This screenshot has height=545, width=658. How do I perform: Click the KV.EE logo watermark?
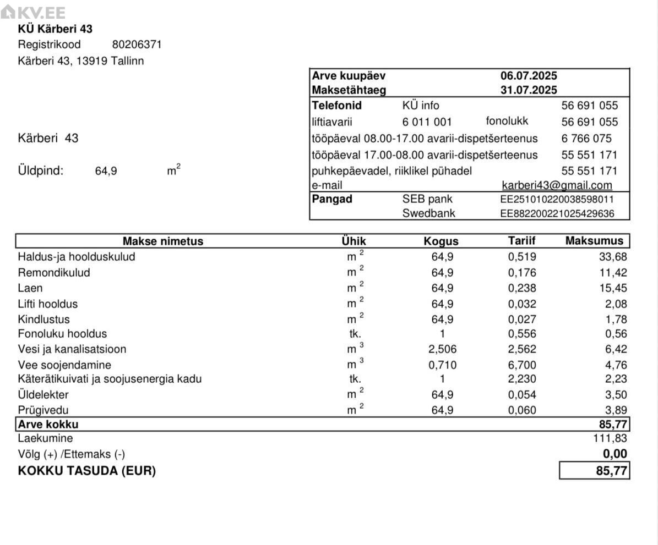[x=34, y=13]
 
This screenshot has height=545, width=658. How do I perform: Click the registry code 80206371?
[x=137, y=45]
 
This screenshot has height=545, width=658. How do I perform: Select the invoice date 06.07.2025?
[x=529, y=76]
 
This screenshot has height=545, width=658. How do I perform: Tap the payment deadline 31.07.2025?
[x=529, y=90]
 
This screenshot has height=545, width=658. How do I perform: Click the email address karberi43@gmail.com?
[x=557, y=186]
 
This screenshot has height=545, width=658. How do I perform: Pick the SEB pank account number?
[x=557, y=199]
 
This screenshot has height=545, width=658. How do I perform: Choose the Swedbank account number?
[x=557, y=213]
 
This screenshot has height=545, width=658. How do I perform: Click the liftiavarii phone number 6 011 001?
[x=427, y=122]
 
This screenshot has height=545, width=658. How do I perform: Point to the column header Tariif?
[x=521, y=241]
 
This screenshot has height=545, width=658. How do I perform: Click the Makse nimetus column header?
[x=162, y=241]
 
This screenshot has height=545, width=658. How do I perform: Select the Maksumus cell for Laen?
[x=612, y=288]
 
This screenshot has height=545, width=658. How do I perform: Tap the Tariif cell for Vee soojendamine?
[x=521, y=365]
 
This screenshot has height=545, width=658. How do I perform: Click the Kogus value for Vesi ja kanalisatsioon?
[x=442, y=349]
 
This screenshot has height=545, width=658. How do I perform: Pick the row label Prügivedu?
[x=43, y=410]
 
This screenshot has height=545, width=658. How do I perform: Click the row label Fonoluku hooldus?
[x=62, y=334]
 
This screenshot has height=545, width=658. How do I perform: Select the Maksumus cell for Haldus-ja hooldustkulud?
[x=612, y=257]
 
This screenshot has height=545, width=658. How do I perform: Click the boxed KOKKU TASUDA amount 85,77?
[x=595, y=471]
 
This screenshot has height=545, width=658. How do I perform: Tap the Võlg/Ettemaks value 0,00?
[x=615, y=454]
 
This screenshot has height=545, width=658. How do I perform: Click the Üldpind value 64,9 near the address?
[x=106, y=171]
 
